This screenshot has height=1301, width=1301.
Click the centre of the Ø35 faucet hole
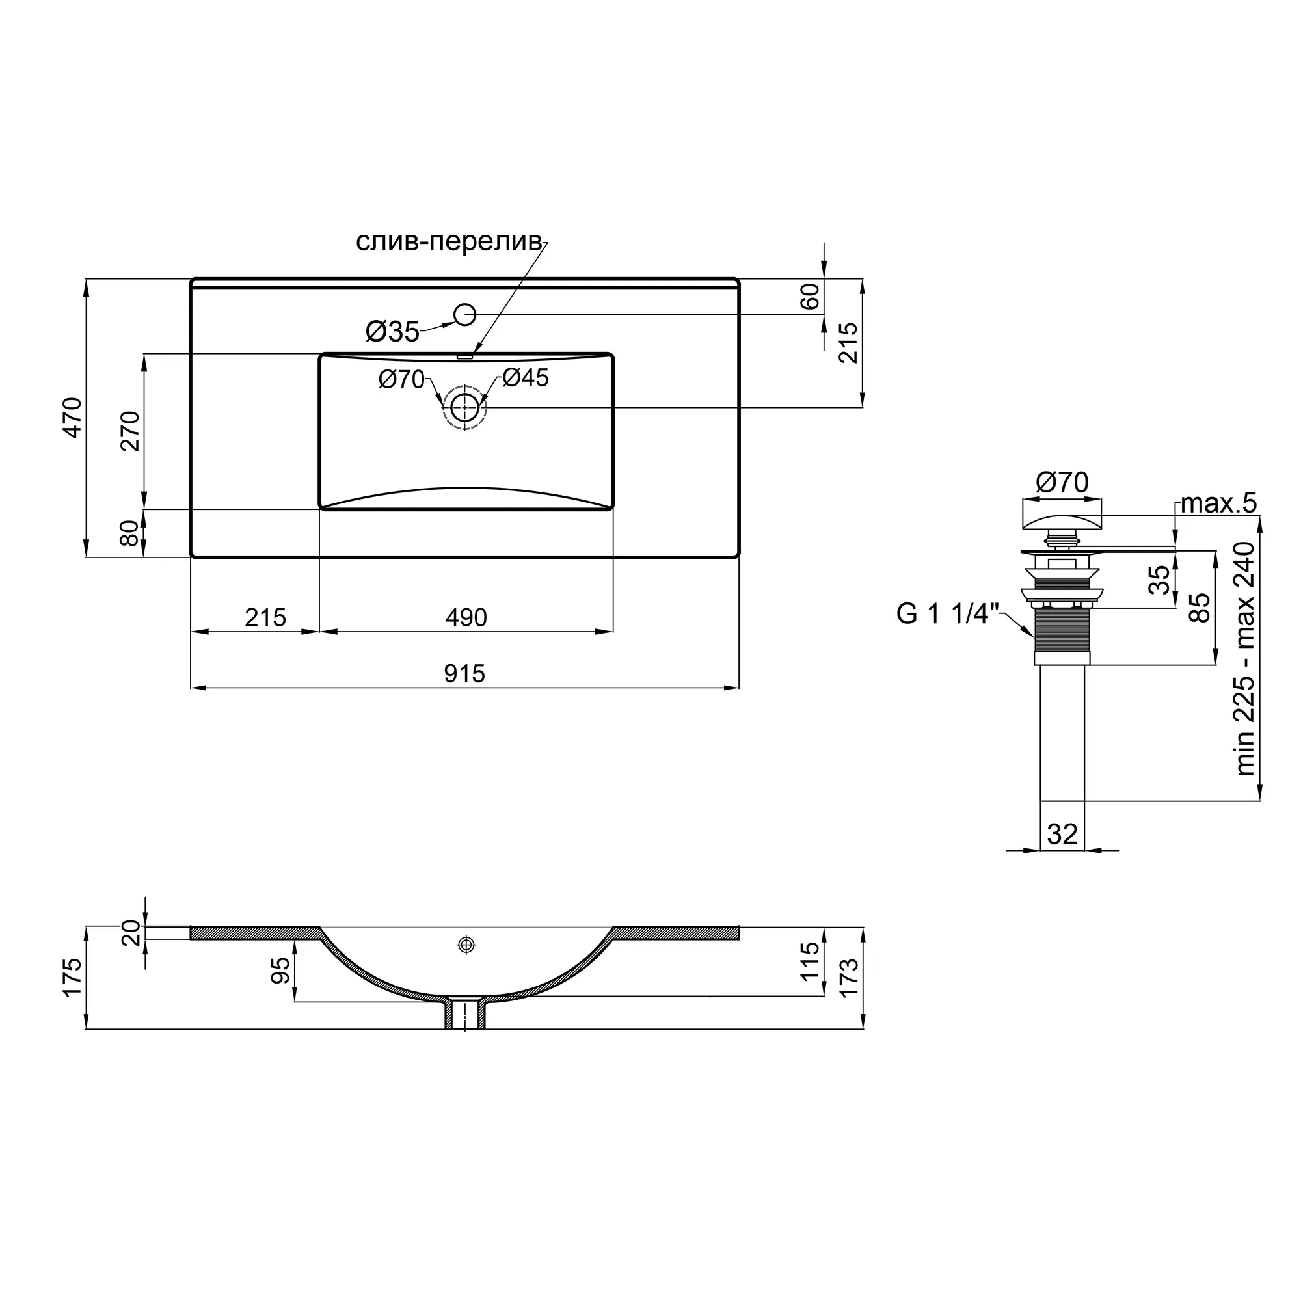[465, 314]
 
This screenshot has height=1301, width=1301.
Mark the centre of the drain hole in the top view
[464, 407]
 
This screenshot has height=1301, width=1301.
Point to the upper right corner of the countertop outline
[739, 279]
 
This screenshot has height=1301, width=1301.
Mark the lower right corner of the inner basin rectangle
[612, 509]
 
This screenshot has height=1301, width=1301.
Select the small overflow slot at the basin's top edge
[464, 356]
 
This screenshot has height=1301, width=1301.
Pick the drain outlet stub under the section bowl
[464, 1014]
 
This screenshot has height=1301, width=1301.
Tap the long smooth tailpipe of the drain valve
[1062, 733]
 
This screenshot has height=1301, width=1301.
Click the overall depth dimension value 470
[72, 418]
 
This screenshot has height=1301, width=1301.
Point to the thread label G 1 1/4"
[946, 614]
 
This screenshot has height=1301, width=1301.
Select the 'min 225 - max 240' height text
[1245, 658]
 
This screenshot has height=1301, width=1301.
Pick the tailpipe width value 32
[1062, 835]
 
